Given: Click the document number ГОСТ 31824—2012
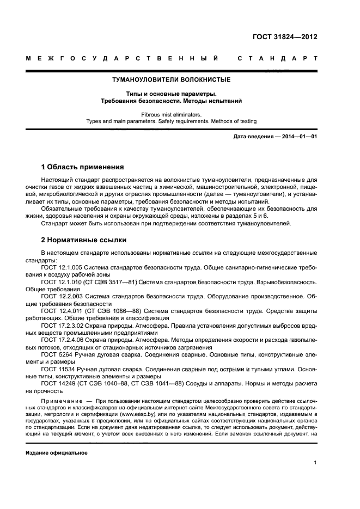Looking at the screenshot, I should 285,37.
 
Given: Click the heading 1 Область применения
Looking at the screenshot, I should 83,167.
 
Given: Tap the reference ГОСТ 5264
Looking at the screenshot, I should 55,354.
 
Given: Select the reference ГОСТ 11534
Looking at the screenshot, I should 57,368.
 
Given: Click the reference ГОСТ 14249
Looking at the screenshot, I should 57,383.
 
